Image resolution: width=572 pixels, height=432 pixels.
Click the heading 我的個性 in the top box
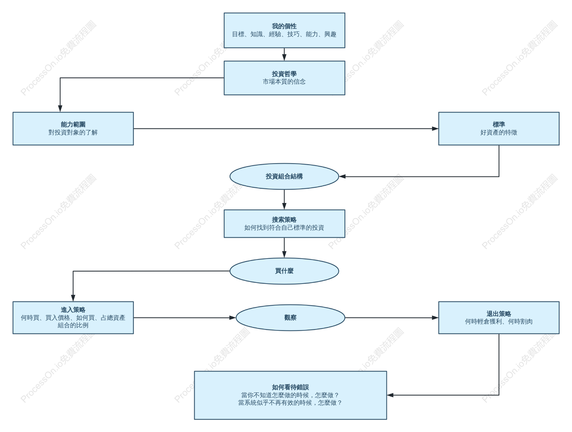point(284,26)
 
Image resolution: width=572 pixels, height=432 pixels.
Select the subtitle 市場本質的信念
point(284,82)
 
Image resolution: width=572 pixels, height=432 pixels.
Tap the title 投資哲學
point(284,74)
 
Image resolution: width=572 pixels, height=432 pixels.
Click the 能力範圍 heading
point(73,125)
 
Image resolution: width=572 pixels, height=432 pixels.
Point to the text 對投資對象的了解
point(73,132)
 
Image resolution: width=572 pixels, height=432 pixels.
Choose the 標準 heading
point(499,125)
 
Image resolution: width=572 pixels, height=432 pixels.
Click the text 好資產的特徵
point(499,132)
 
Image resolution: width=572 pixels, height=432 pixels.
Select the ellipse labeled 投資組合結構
point(284,176)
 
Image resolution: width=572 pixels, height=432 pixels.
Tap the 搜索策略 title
point(284,220)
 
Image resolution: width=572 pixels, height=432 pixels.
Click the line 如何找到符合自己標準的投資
point(284,228)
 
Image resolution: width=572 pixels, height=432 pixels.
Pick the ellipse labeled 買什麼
point(284,271)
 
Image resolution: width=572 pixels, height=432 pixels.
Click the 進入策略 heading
point(73,310)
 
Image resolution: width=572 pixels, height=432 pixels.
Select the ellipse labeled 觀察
point(290,317)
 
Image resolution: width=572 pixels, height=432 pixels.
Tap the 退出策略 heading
point(499,314)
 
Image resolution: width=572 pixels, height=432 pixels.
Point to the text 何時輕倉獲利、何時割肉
point(499,322)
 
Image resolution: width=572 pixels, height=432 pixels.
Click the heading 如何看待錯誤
point(290,387)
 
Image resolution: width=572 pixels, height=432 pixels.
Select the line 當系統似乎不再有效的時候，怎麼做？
point(290,403)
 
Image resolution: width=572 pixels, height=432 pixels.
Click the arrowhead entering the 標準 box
point(435,129)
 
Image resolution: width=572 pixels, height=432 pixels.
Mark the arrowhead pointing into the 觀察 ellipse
point(233,317)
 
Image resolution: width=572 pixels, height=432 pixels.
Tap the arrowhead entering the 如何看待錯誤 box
point(390,395)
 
